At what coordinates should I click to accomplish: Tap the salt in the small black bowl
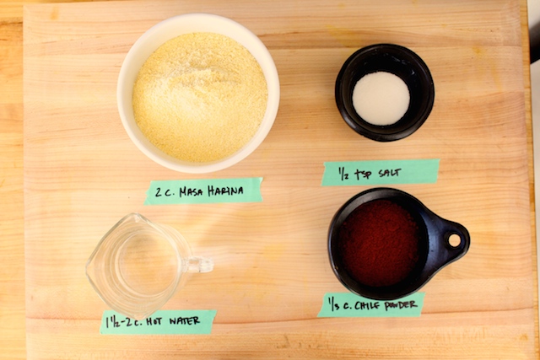coord(381,98)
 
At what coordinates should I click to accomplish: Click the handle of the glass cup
coord(200,265)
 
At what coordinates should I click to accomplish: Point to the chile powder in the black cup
coord(379,243)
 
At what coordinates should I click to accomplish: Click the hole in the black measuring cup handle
coord(455,240)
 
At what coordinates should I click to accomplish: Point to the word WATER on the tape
coord(188,320)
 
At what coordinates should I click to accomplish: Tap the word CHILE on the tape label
coord(367,304)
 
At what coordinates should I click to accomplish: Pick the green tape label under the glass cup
coord(158,321)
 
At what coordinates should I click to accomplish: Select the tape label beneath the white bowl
coord(203,191)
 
